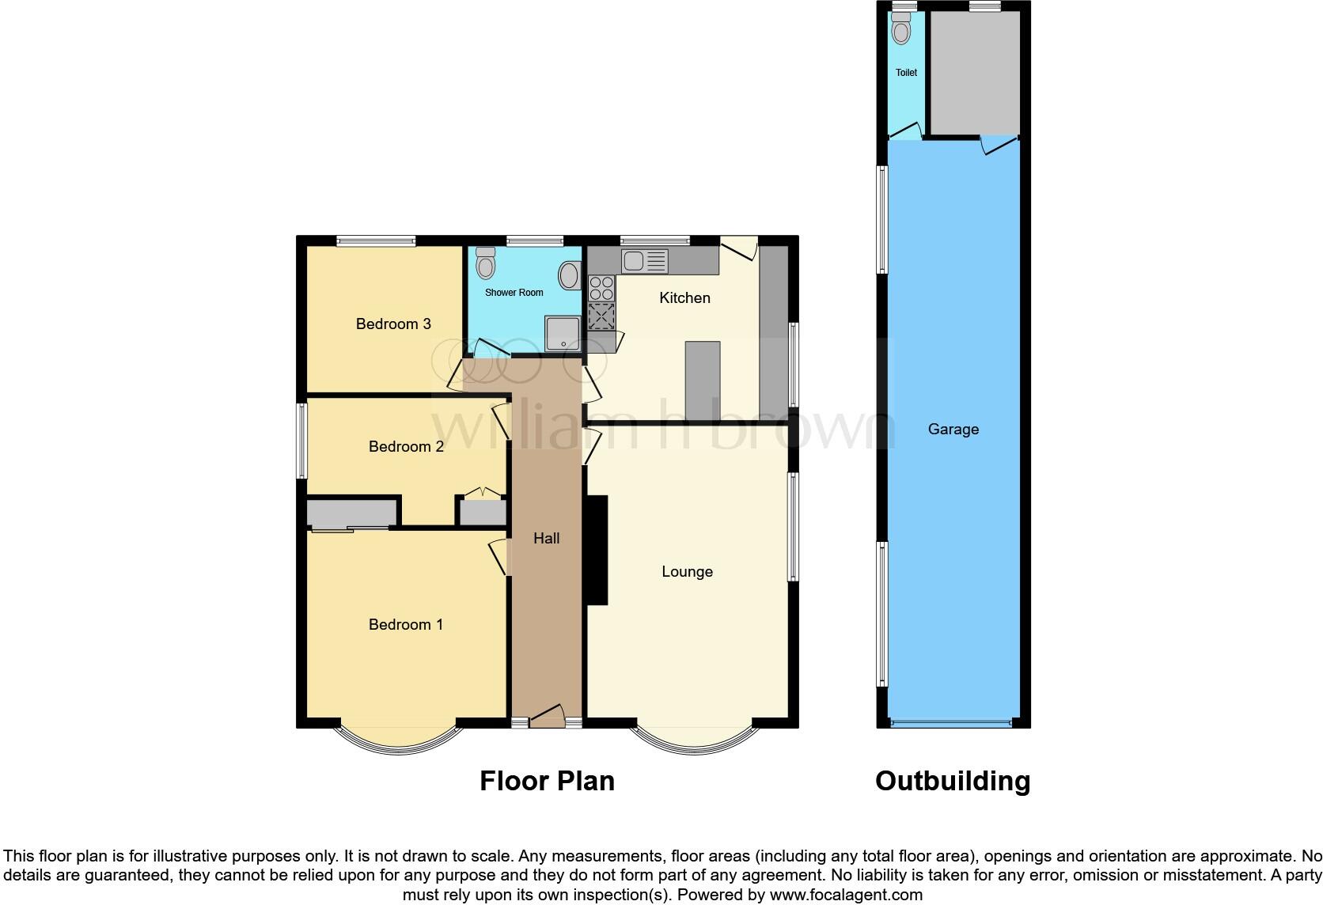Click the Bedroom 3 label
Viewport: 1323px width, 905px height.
393,324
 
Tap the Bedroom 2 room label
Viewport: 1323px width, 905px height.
406,446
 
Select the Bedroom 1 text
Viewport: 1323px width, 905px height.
406,624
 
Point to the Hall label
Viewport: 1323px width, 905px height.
546,538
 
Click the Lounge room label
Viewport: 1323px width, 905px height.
687,571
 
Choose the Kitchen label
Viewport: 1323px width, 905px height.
684,297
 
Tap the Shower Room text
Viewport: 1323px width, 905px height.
514,292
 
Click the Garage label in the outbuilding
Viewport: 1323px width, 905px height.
953,429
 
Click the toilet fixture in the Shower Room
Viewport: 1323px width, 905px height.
485,262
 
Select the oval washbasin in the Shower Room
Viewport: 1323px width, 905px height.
568,276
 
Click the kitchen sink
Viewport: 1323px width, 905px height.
644,259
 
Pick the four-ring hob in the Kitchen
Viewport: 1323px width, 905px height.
601,287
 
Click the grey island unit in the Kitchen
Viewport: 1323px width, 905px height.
702,381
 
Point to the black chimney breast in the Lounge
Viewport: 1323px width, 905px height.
596,550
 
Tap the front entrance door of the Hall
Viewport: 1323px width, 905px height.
547,717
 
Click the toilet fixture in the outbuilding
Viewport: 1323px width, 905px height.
900,28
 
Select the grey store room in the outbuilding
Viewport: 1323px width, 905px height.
974,73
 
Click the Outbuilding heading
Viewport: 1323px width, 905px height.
952,781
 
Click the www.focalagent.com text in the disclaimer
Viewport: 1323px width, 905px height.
845,895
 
